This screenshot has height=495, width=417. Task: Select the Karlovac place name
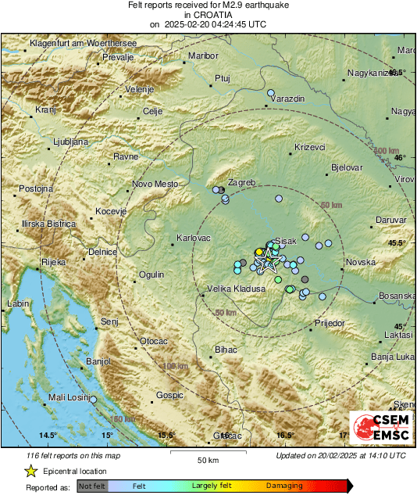tap(192, 237)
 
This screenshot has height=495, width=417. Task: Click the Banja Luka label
tap(392, 357)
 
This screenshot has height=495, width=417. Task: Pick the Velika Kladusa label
tap(236, 289)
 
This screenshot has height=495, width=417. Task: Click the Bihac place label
tap(226, 349)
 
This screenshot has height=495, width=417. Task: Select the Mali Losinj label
tap(67, 397)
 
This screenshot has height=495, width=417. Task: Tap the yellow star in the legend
tap(30, 471)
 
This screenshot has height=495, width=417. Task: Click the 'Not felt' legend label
tap(91, 486)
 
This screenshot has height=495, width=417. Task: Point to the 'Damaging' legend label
tap(283, 486)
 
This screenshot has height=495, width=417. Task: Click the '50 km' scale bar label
tap(207, 460)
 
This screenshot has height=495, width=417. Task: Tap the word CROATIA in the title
tap(208, 15)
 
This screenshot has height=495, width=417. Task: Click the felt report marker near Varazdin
tap(271, 94)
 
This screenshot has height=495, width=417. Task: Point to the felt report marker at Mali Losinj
tap(93, 400)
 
